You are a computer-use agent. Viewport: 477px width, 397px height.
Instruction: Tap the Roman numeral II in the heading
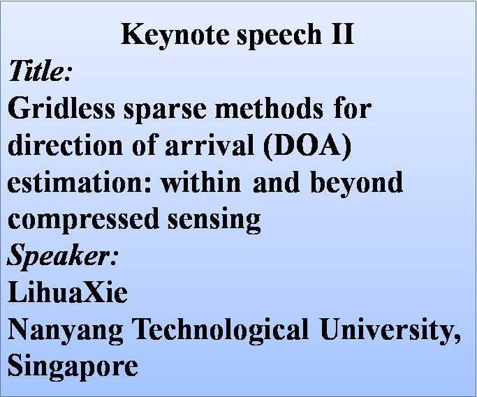[343, 33]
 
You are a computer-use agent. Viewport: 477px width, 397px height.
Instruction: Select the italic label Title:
[41, 70]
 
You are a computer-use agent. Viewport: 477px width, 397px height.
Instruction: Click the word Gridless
[61, 108]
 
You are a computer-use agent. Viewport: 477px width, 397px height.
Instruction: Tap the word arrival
[210, 145]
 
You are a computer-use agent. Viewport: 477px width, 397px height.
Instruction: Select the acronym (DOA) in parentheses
[307, 147]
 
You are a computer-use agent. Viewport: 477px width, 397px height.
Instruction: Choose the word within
[200, 182]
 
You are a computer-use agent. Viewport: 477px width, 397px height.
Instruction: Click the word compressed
[83, 220]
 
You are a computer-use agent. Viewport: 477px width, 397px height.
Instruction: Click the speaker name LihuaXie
[68, 292]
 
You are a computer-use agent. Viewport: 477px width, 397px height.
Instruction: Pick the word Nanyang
[66, 331]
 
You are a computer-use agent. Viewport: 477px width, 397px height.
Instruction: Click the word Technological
[221, 329]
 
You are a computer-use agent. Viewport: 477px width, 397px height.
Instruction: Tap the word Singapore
[73, 366]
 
